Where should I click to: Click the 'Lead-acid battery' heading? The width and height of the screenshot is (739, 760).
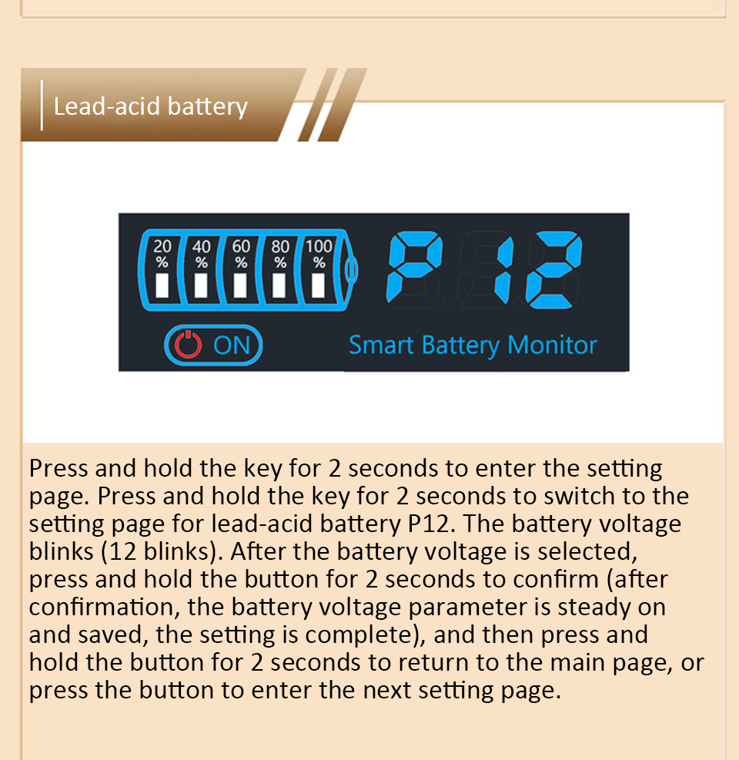(150, 105)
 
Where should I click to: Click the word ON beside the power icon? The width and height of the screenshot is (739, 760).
(232, 346)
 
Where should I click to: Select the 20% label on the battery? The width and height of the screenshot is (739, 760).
(162, 253)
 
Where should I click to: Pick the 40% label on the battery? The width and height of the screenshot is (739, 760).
(201, 253)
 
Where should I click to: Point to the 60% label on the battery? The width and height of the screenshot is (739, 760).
(241, 253)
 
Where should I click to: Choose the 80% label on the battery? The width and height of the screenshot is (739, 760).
(280, 253)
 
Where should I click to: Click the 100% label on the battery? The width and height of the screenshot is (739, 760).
(319, 253)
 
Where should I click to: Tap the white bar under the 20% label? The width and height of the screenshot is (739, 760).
(162, 286)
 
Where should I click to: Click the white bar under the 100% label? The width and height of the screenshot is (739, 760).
(319, 286)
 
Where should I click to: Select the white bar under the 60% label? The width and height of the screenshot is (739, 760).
(241, 286)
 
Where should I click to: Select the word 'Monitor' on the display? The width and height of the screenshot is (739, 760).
(553, 345)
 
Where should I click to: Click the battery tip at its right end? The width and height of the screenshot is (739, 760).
(352, 269)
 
